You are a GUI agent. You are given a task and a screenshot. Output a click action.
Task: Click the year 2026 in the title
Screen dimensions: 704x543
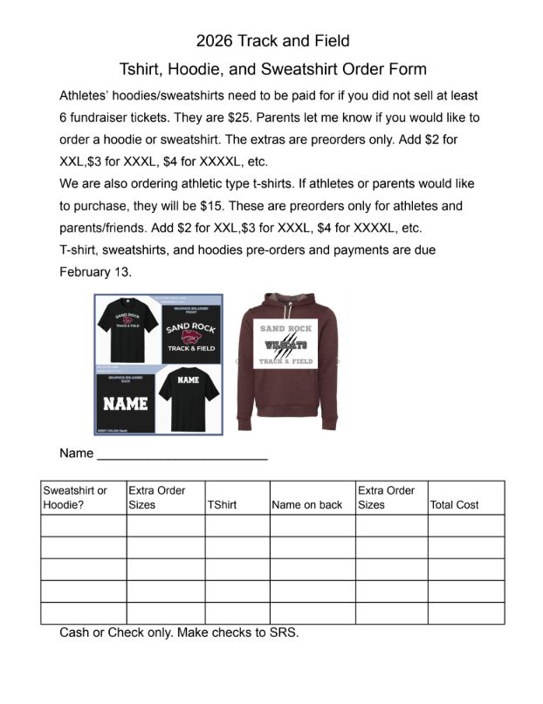click(x=214, y=40)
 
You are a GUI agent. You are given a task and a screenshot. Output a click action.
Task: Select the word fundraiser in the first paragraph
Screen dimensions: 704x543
click(x=110, y=117)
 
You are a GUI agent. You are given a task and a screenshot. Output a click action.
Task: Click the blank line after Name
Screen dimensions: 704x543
click(x=182, y=455)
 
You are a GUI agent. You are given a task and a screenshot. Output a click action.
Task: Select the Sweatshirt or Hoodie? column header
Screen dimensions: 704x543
click(x=83, y=497)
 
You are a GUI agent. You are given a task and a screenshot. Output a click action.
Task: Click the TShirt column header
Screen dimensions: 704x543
click(x=222, y=505)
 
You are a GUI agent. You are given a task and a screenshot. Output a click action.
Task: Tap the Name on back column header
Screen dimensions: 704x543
click(x=307, y=505)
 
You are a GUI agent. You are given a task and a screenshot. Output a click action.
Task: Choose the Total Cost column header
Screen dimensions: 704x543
click(x=454, y=505)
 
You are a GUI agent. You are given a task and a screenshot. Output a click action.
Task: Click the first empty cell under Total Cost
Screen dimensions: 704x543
click(x=465, y=525)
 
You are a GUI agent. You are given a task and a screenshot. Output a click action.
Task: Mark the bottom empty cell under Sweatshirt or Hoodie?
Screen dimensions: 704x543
click(x=83, y=613)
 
